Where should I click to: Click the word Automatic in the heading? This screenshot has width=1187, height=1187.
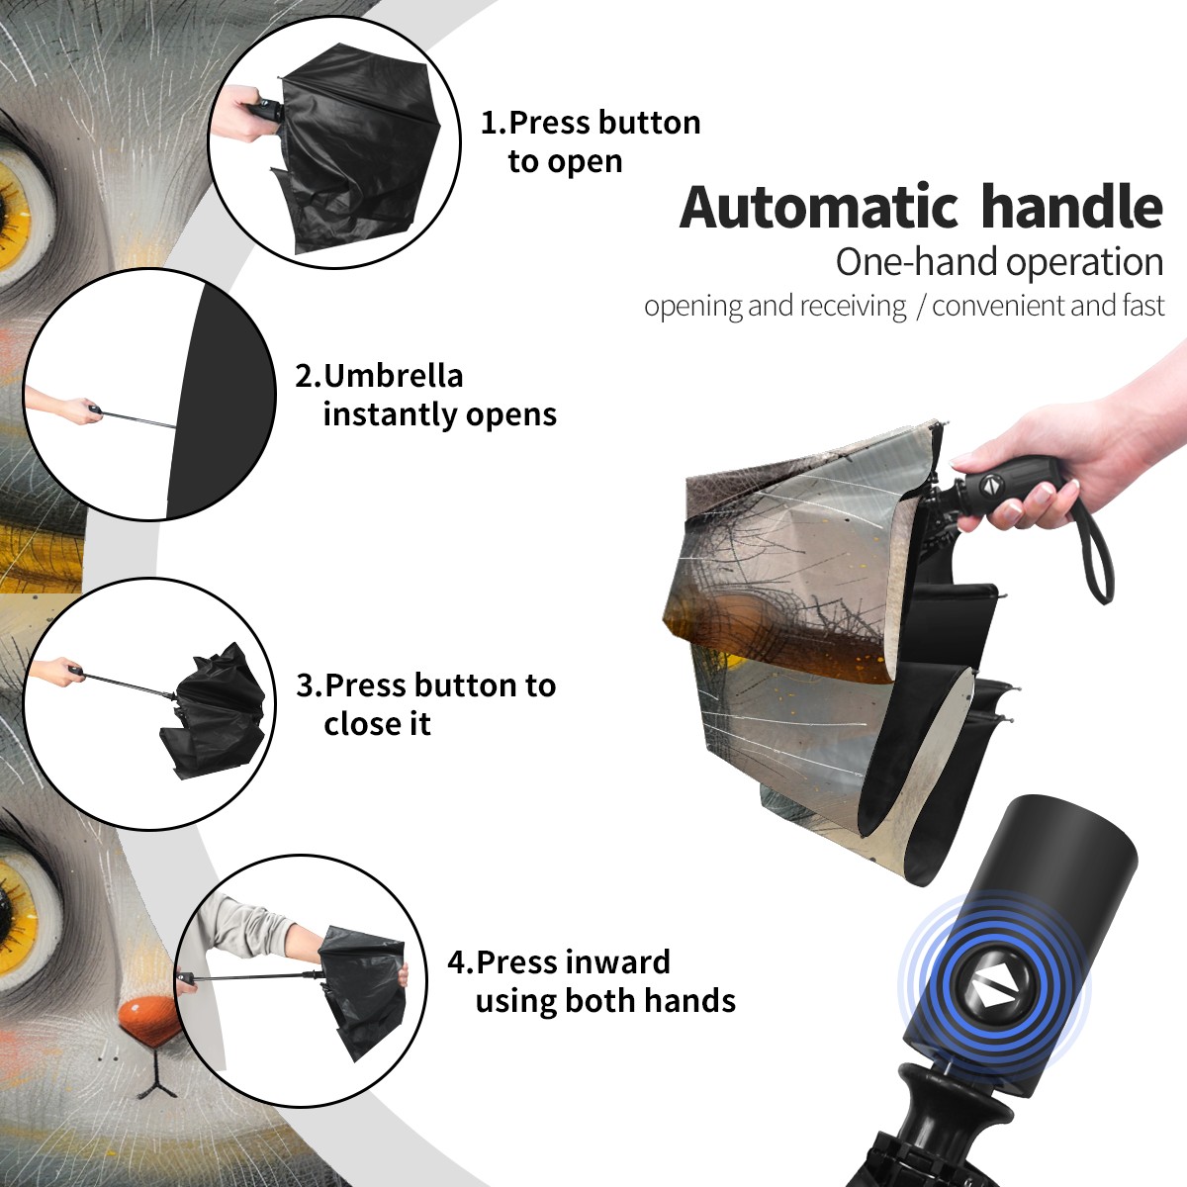click(x=819, y=207)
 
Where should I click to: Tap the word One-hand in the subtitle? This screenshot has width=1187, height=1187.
click(x=918, y=261)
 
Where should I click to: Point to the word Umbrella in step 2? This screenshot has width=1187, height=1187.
click(x=393, y=375)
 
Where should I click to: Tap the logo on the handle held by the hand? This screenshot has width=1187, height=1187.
click(x=990, y=484)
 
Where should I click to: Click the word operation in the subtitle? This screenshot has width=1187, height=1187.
click(x=1085, y=263)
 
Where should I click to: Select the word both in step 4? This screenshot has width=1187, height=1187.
click(x=599, y=1000)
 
